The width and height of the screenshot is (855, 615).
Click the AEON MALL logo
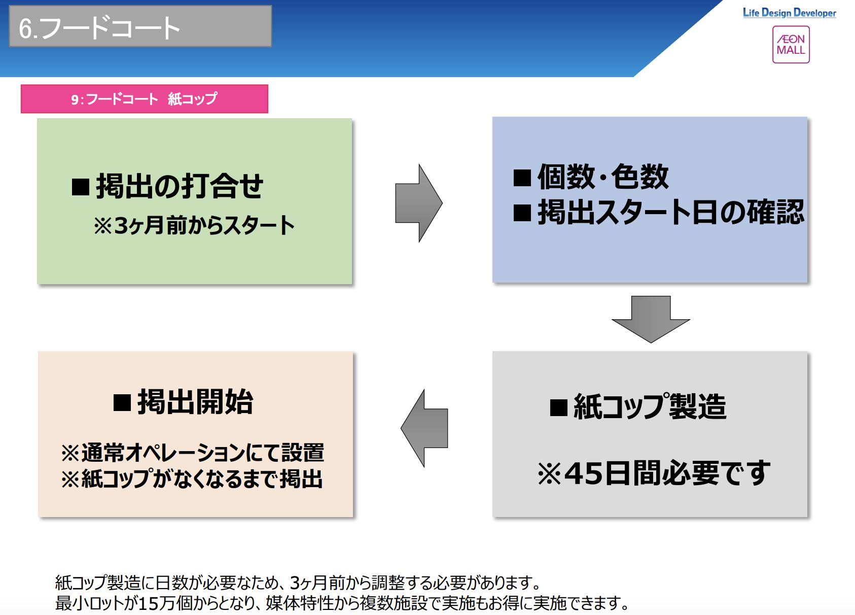pyautogui.click(x=791, y=45)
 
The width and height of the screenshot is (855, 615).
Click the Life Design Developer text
pyautogui.click(x=789, y=13)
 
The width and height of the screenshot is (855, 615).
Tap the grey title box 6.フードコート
pyautogui.click(x=140, y=26)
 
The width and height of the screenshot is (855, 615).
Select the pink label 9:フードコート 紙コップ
pyautogui.click(x=144, y=99)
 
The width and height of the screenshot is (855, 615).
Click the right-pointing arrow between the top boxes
pyautogui.click(x=418, y=203)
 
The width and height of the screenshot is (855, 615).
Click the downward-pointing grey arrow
pyautogui.click(x=651, y=319)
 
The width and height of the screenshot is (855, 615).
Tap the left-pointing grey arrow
pyautogui.click(x=424, y=428)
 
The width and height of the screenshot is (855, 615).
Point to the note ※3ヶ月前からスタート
pyautogui.click(x=194, y=225)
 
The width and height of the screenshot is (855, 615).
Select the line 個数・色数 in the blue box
pyautogui.click(x=602, y=177)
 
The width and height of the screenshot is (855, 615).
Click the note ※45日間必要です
pyautogui.click(x=654, y=473)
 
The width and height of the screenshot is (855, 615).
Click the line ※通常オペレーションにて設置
pyautogui.click(x=192, y=453)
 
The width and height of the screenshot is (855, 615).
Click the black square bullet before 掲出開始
pyautogui.click(x=122, y=403)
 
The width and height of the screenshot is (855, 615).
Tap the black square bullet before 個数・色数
pyautogui.click(x=522, y=178)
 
